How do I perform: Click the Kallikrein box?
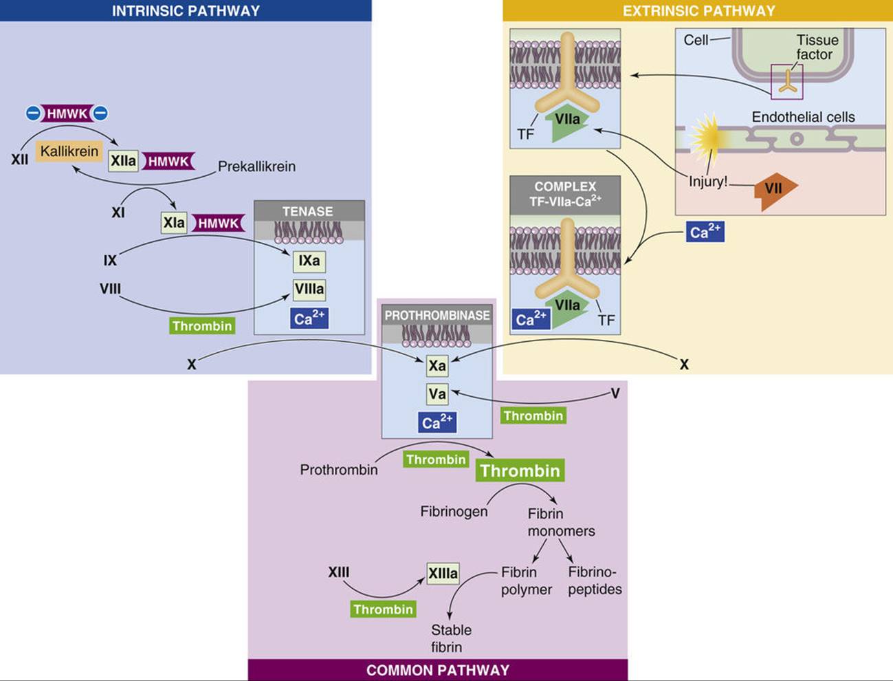pos(69,151)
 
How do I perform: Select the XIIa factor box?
pos(123,161)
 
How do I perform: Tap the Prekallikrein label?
pos(256,166)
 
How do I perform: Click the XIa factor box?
pos(174,223)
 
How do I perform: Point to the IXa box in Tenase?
pos(309,261)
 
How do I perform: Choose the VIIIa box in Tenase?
pos(309,290)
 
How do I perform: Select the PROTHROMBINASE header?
pos(437,316)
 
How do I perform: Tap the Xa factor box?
pos(437,365)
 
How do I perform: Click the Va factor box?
pos(437,394)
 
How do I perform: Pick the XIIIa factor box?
pos(443,574)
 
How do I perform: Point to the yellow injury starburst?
pos(707,137)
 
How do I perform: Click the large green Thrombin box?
pos(520,471)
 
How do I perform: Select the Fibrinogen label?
pos(454,511)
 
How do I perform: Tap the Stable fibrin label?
pos(451,638)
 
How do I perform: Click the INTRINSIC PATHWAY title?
pos(186,10)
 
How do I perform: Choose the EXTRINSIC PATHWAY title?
pos(699,10)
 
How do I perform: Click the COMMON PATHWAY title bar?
pos(438,671)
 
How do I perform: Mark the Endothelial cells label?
pos(803,117)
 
